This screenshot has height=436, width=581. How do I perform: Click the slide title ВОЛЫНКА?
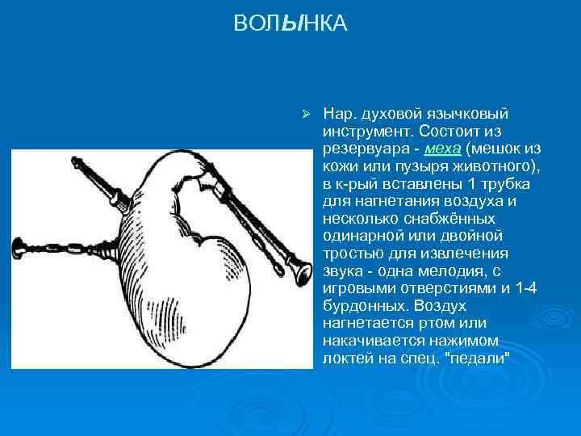click(x=290, y=24)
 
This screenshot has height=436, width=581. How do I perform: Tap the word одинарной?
click(x=360, y=236)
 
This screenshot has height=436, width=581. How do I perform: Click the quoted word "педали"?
click(x=477, y=359)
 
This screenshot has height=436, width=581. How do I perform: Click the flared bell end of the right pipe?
click(x=303, y=274)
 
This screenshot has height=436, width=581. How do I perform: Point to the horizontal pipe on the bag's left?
click(x=65, y=246)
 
